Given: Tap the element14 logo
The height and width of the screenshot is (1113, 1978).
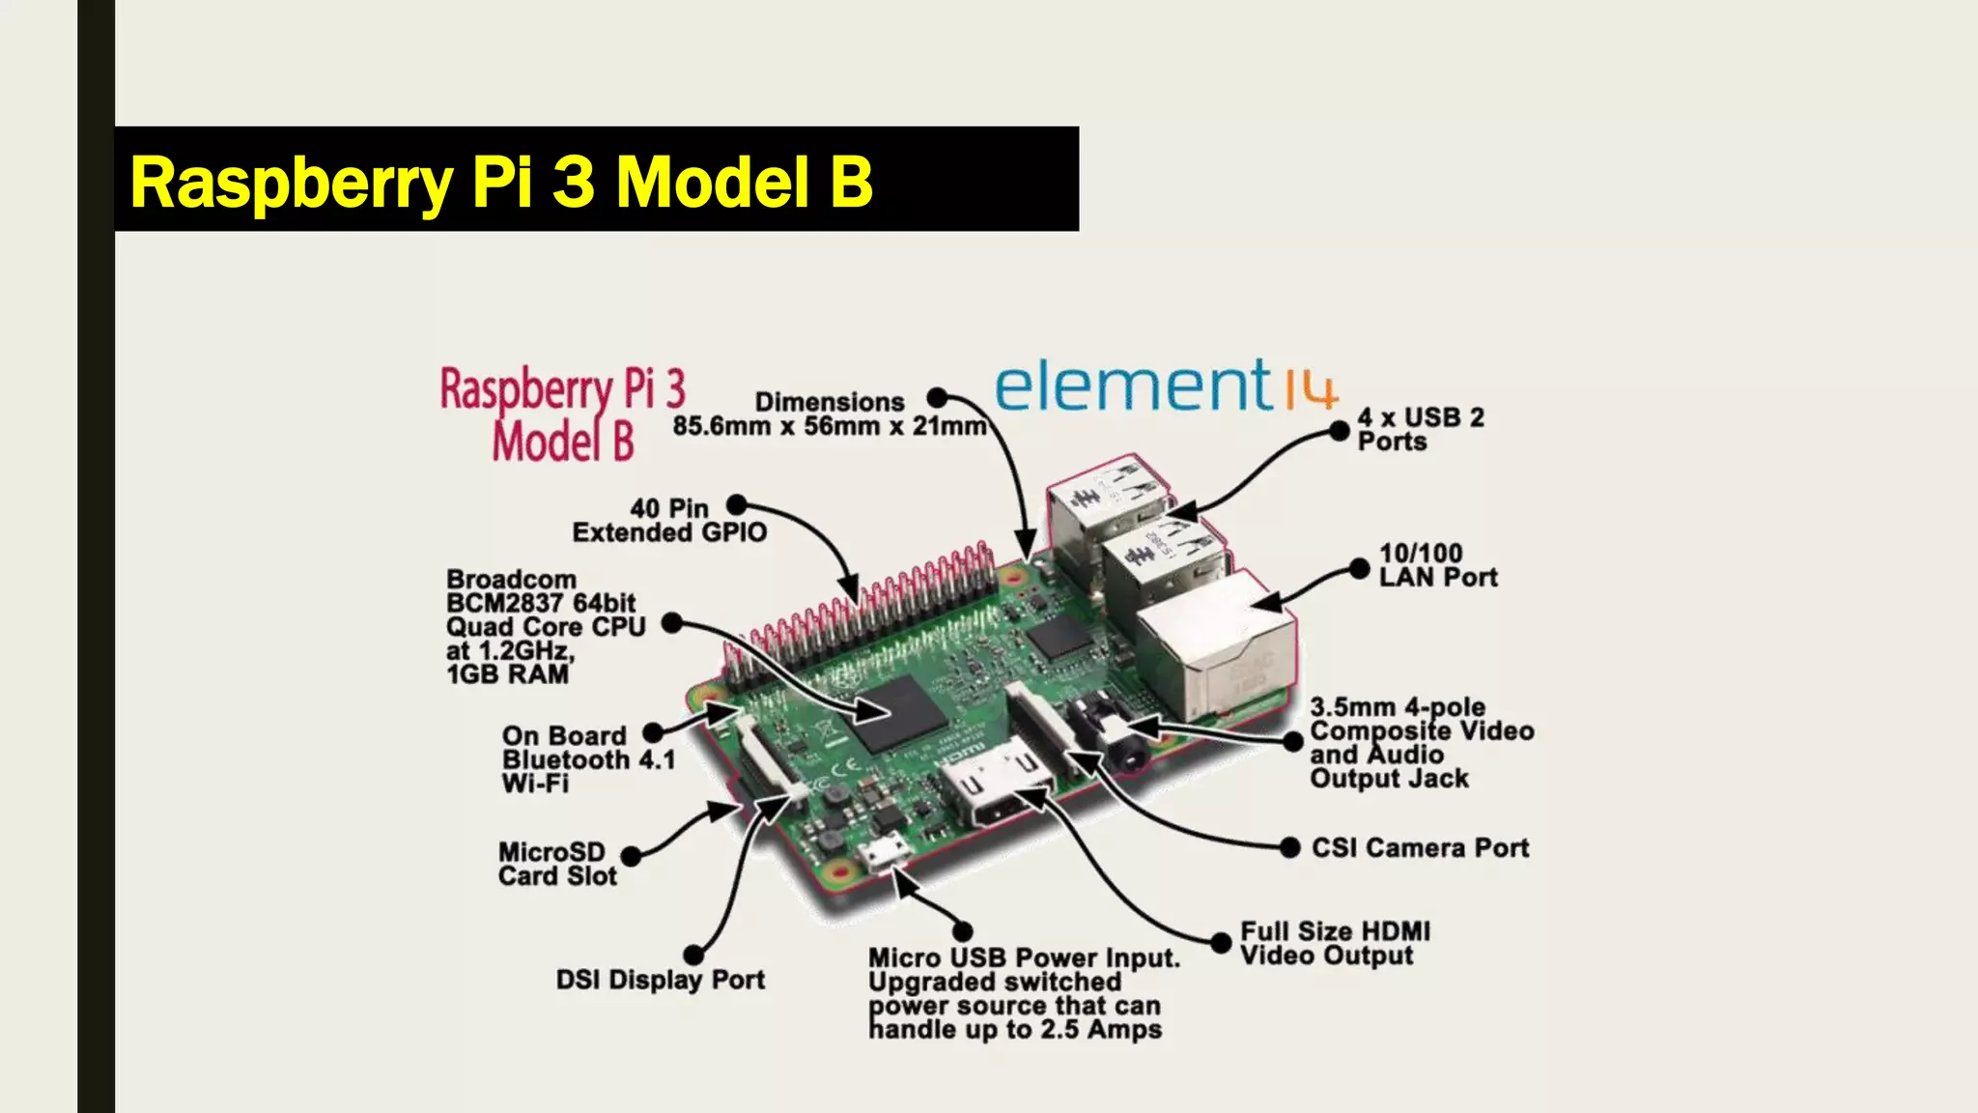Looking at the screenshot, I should pyautogui.click(x=1166, y=386).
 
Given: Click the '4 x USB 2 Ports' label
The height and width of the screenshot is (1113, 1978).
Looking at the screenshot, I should pyautogui.click(x=1420, y=430).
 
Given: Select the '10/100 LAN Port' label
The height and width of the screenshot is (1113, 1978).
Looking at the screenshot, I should pyautogui.click(x=1437, y=565).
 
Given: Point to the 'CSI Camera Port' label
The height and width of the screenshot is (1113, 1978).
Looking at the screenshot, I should pyautogui.click(x=1420, y=848).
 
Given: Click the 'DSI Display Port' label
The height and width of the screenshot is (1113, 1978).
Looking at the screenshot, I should pyautogui.click(x=660, y=980).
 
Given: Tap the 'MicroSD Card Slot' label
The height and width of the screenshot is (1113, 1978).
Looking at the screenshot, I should pyautogui.click(x=557, y=864).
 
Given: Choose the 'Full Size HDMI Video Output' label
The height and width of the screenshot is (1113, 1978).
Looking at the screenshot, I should pyautogui.click(x=1335, y=943).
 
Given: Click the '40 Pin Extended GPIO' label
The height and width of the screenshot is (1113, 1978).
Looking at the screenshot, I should pyautogui.click(x=668, y=521).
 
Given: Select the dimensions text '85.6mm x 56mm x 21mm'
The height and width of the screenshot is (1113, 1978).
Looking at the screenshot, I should pyautogui.click(x=829, y=426).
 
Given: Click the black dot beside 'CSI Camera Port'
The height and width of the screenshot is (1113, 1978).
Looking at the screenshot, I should pyautogui.click(x=1289, y=848).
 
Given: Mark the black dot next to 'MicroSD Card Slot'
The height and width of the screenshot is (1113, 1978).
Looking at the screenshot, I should pyautogui.click(x=631, y=856).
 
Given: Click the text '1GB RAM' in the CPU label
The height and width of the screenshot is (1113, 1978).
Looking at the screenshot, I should pyautogui.click(x=507, y=674).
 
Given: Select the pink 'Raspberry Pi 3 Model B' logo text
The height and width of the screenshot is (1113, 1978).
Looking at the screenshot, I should pyautogui.click(x=562, y=414).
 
